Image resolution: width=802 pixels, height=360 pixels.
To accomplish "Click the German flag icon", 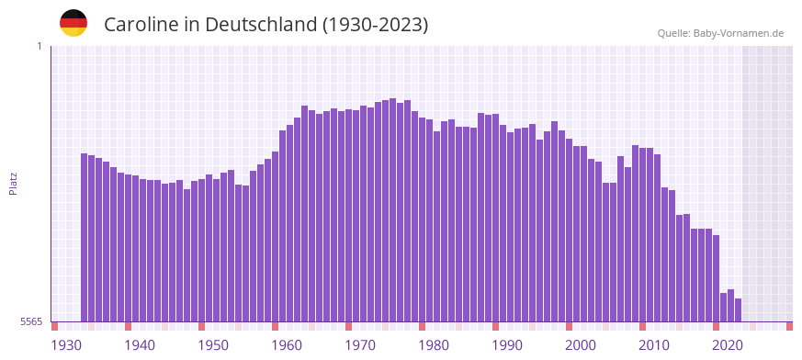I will (x=73, y=23).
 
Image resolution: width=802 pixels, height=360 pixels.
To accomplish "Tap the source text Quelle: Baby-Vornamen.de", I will (x=720, y=33).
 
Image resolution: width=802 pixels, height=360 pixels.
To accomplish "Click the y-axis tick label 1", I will (x=39, y=46).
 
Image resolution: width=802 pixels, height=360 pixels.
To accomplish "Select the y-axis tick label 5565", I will (x=30, y=321).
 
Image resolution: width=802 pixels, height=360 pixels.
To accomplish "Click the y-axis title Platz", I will (x=13, y=184).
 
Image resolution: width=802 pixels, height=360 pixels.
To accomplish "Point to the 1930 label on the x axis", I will (x=66, y=345).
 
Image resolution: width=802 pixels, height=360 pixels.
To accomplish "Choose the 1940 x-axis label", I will (x=140, y=345).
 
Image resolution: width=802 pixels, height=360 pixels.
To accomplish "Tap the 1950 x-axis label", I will (x=213, y=345).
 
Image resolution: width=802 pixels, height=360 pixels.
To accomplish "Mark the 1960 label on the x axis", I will (x=287, y=345).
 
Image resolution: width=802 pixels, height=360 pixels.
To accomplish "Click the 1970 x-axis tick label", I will (x=360, y=345).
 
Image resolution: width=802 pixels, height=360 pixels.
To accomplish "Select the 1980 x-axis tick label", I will (x=434, y=345).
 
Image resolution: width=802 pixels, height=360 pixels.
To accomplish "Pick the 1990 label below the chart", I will (x=507, y=345).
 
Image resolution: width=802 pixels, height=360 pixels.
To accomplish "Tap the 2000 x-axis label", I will (x=581, y=345).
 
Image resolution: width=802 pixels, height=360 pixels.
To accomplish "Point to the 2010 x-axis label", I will (x=654, y=345).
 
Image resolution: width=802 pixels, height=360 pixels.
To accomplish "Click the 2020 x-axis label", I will (x=728, y=345).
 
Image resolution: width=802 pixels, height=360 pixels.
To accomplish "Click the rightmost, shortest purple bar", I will (x=738, y=310).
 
